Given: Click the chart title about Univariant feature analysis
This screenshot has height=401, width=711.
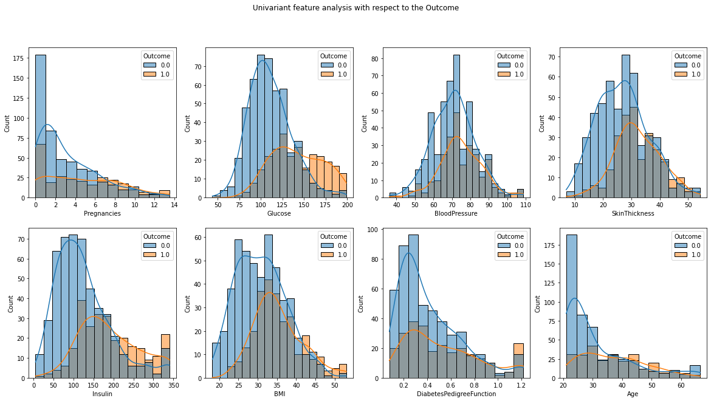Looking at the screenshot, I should pos(355,8).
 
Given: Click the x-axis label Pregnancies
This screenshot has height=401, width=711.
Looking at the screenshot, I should pos(102,214).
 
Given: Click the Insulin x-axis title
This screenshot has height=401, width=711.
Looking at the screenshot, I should pos(102,394).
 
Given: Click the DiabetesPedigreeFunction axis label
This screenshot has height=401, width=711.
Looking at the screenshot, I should pos(457,394).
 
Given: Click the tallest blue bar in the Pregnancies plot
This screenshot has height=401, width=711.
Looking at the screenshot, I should pos(41,122).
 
